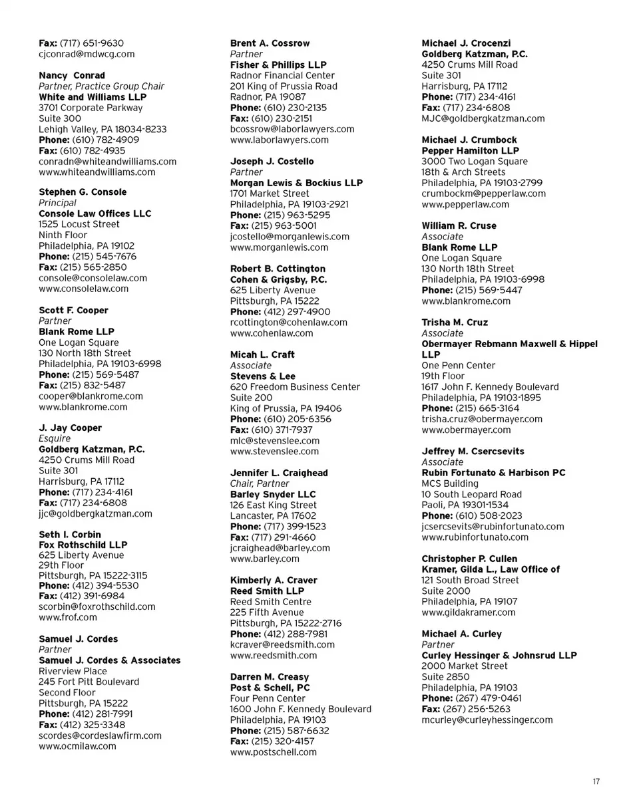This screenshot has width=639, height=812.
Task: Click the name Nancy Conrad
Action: (x=72, y=76)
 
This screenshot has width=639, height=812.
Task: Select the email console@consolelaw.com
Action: (x=93, y=278)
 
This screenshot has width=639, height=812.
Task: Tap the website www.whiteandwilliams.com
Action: (x=97, y=172)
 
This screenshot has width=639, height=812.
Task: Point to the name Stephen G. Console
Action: (x=83, y=192)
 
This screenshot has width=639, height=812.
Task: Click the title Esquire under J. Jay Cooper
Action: (x=55, y=439)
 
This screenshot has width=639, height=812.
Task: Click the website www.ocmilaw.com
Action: (x=77, y=745)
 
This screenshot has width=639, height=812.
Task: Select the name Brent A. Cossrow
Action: (x=270, y=43)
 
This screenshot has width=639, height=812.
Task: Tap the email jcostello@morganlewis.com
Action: (x=290, y=236)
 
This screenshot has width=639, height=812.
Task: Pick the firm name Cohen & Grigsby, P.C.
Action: (x=278, y=279)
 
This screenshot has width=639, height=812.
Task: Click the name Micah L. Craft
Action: (x=262, y=354)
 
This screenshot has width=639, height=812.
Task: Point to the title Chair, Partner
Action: (x=260, y=483)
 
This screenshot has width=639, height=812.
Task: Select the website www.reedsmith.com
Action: (x=274, y=655)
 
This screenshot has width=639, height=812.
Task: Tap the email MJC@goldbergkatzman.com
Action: (x=483, y=118)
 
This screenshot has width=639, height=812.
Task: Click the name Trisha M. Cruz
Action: (x=455, y=323)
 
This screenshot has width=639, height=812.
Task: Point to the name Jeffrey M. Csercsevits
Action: (x=473, y=452)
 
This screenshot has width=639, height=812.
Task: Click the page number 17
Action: (x=596, y=781)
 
